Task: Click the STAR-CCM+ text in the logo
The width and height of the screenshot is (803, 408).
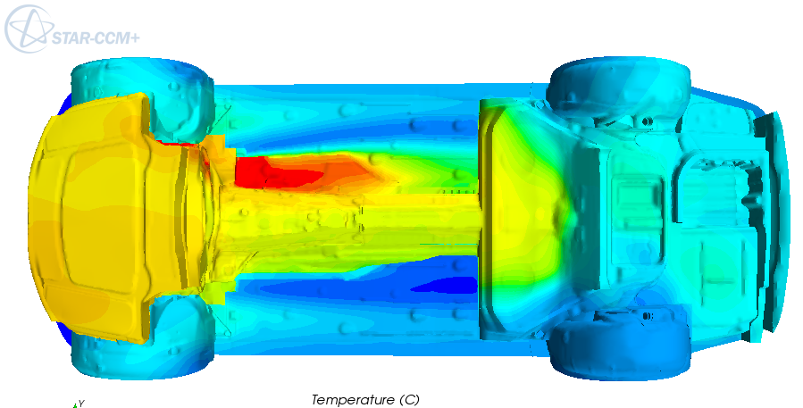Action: click(107, 38)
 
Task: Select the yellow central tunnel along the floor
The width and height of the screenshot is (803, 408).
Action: click(357, 219)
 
